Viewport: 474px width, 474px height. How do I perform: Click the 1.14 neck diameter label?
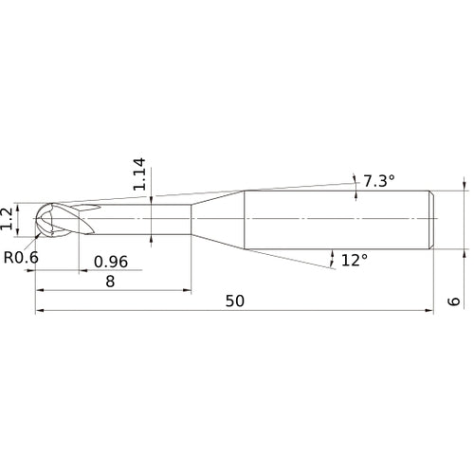click(x=138, y=174)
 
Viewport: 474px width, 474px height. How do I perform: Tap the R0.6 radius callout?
click(x=20, y=257)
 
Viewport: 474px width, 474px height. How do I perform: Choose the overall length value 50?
click(x=235, y=301)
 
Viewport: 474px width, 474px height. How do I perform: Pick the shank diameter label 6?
click(x=454, y=301)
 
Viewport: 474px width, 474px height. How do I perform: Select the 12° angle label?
click(x=353, y=259)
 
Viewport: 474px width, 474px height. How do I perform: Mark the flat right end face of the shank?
click(x=434, y=220)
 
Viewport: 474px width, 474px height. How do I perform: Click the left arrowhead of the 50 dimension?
click(x=40, y=310)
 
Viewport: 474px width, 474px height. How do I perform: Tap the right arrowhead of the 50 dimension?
click(x=430, y=310)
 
